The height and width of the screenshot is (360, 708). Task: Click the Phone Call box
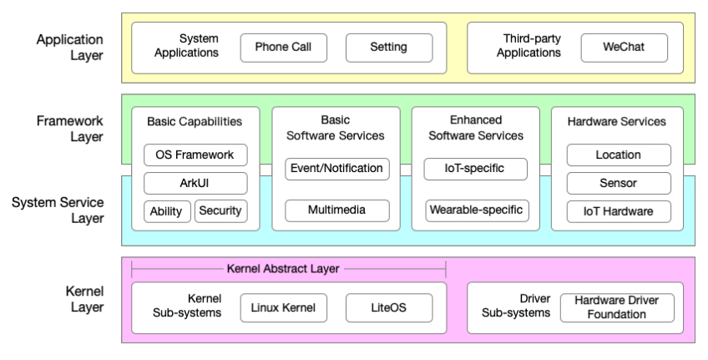coord(284,48)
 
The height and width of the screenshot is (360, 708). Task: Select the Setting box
coord(388,48)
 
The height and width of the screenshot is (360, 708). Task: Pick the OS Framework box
coord(195,155)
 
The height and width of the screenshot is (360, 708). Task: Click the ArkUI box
coord(195,183)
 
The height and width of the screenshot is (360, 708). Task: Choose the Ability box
coord(167,211)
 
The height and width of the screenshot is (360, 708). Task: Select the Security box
coord(220,211)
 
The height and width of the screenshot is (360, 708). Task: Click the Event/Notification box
coord(336,169)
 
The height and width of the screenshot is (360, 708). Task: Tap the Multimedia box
coord(336,210)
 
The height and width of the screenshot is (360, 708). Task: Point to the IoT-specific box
coord(476,169)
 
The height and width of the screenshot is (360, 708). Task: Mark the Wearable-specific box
coord(476,210)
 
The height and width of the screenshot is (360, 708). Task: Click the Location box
coord(619,155)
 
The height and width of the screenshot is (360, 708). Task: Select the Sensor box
coord(619,183)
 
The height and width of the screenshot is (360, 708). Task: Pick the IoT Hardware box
coord(619,211)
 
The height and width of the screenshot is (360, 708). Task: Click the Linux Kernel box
coord(284,307)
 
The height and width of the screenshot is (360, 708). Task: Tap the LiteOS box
coord(388,307)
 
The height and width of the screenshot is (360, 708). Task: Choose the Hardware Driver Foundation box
coord(616,307)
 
